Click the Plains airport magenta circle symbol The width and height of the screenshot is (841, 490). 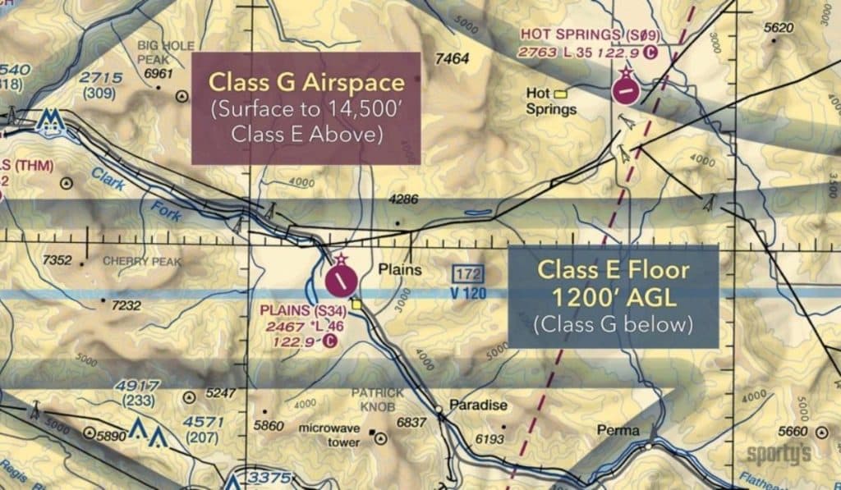341,280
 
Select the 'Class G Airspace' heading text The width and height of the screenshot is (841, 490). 306,82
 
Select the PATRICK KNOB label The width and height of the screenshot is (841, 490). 377,399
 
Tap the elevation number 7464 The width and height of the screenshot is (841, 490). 453,59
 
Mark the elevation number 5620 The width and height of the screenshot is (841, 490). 779,28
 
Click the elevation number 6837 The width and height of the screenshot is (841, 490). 411,422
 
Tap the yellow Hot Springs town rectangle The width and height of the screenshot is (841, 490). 562,93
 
